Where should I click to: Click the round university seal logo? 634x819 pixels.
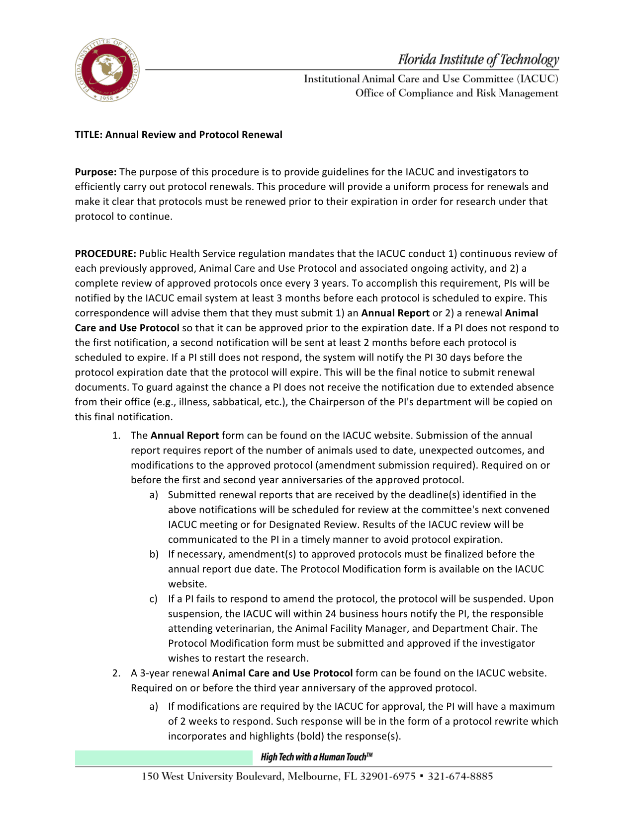tap(107, 70)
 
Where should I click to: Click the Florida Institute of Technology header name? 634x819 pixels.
tap(478, 60)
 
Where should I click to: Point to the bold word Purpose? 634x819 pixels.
tap(95, 172)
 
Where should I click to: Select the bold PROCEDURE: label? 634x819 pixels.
tap(105, 254)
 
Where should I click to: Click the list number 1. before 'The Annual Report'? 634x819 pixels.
tap(116, 436)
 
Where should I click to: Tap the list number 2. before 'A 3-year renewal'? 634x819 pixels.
tap(116, 673)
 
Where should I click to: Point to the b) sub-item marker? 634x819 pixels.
tap(154, 554)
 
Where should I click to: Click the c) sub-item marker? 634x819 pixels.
tap(154, 599)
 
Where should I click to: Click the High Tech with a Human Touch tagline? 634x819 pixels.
tap(316, 757)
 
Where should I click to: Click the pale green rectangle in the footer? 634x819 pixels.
tap(164, 758)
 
